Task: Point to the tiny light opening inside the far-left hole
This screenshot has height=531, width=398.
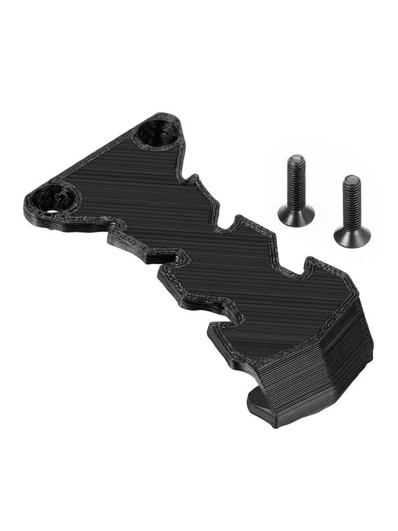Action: pos(51,210)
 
